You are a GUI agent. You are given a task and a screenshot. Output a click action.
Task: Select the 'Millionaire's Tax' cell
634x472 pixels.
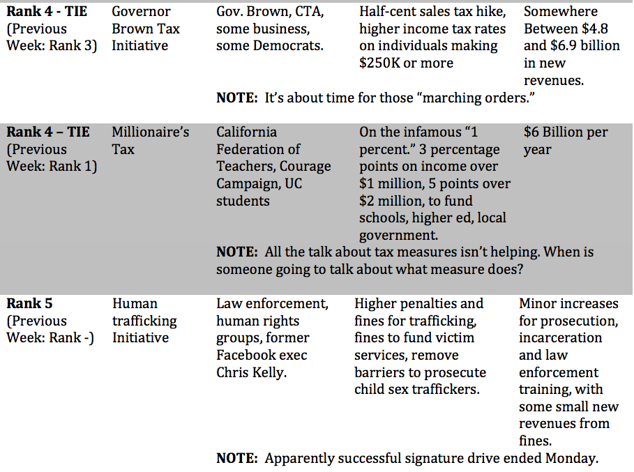[150, 140]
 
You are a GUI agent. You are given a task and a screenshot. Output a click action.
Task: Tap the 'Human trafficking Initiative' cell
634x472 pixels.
[144, 321]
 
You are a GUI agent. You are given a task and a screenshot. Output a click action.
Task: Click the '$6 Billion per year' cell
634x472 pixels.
[566, 140]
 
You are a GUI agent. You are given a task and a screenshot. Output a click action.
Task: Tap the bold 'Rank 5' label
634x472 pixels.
[29, 303]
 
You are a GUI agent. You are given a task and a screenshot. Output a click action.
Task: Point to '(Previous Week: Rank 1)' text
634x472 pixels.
[51, 158]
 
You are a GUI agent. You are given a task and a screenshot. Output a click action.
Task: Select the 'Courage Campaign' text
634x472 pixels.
[273, 174]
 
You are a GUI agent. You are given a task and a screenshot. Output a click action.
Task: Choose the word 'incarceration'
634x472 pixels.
[560, 337]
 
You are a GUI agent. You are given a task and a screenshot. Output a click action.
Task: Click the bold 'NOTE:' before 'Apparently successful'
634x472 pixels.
[237, 458]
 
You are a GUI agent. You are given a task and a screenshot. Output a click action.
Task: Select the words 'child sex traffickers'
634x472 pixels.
[417, 389]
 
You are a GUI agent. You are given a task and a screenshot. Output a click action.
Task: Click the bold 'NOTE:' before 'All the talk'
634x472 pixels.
[237, 252]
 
